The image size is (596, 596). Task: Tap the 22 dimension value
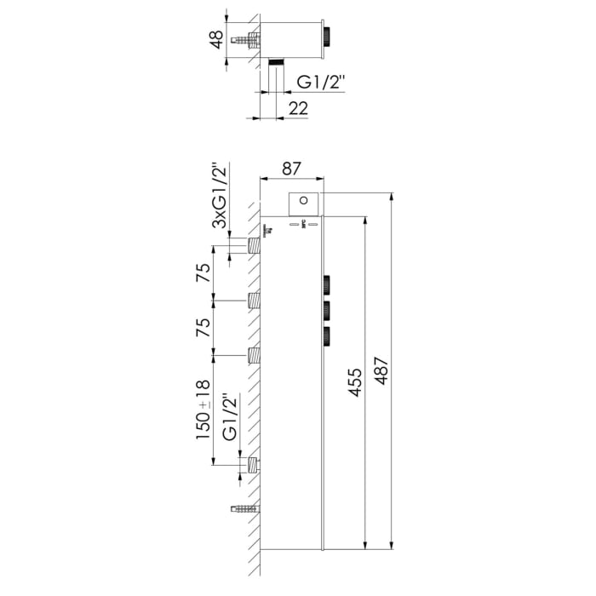pyautogui.click(x=298, y=107)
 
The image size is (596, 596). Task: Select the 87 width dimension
pyautogui.click(x=291, y=169)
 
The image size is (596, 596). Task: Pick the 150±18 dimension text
pyautogui.click(x=203, y=410)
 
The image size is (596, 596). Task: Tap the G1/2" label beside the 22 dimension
pyautogui.click(x=320, y=83)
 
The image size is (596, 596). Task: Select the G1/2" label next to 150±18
pyautogui.click(x=228, y=417)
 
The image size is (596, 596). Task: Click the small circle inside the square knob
pyautogui.click(x=304, y=202)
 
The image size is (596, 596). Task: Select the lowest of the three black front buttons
pyautogui.click(x=326, y=336)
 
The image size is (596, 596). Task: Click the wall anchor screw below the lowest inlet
pyautogui.click(x=244, y=509)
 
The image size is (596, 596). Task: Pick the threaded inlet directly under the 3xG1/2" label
pyautogui.click(x=253, y=246)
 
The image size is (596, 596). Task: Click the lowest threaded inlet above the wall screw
pyautogui.click(x=253, y=465)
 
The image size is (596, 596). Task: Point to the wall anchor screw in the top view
pyautogui.click(x=247, y=39)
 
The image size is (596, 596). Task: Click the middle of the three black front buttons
pyautogui.click(x=326, y=310)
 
